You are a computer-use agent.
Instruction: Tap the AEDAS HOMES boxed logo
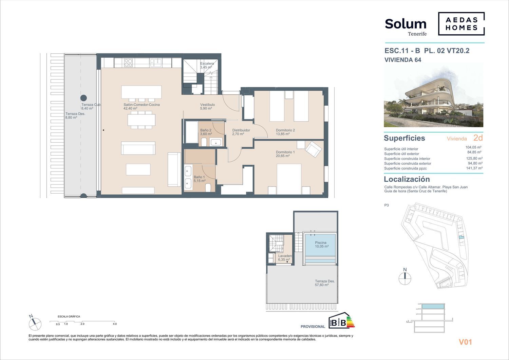[461, 24]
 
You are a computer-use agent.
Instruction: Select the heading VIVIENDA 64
[403, 60]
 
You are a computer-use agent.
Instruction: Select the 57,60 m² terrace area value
[322, 285]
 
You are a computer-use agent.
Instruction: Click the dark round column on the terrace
[83, 98]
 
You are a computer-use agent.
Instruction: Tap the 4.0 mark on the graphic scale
[115, 324]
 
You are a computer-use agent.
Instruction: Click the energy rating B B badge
[341, 320]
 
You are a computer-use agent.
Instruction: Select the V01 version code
[465, 342]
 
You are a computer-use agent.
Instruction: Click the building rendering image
[434, 95]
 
